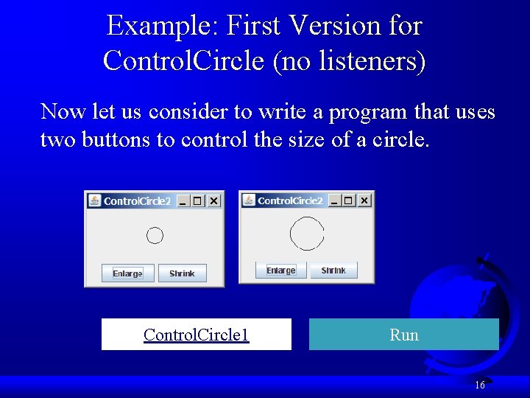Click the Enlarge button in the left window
point(128,273)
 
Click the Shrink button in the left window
point(182,273)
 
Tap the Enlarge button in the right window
point(280,270)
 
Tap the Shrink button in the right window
point(333,270)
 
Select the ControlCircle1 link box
point(197,335)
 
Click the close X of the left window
point(213,201)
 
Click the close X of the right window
point(364,200)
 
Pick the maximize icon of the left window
point(197,201)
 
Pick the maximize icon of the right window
point(349,200)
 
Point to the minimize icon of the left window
point(182,201)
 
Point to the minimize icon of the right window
point(333,200)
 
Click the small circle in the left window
point(155,236)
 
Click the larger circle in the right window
point(307,234)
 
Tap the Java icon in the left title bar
point(95,200)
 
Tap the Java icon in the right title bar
point(249,200)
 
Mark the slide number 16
point(479,385)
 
